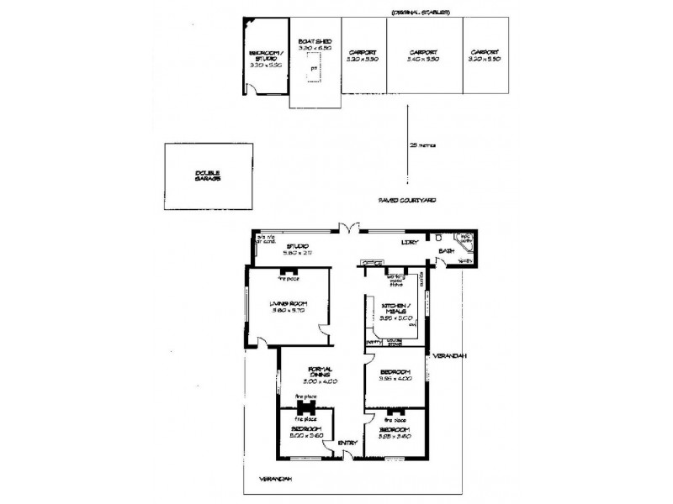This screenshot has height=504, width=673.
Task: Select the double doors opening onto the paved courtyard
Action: (349, 228)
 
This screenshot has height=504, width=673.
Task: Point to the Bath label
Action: (445, 249)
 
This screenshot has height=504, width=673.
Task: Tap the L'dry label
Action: (410, 244)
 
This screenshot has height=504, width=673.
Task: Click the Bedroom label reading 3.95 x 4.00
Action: (395, 375)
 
